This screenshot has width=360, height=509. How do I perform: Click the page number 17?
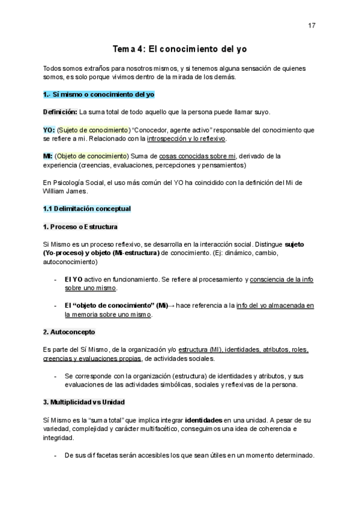[x=311, y=25]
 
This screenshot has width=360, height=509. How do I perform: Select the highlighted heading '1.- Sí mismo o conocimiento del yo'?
[x=99, y=95]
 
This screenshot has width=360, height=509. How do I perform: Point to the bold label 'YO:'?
[x=49, y=130]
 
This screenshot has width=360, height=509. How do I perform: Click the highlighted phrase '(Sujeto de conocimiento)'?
[x=94, y=130]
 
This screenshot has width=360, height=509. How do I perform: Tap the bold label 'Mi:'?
[x=48, y=156]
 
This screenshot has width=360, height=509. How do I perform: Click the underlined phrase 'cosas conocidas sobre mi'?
[x=193, y=156]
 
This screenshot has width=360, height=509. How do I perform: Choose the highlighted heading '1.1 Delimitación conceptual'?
[x=87, y=208]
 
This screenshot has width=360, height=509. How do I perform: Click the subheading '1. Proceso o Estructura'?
[x=80, y=226]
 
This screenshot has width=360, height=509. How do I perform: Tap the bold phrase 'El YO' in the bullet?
[x=74, y=279]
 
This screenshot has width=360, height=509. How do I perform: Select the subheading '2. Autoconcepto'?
[x=69, y=331]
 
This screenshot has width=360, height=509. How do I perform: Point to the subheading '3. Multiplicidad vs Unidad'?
[x=84, y=401]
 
